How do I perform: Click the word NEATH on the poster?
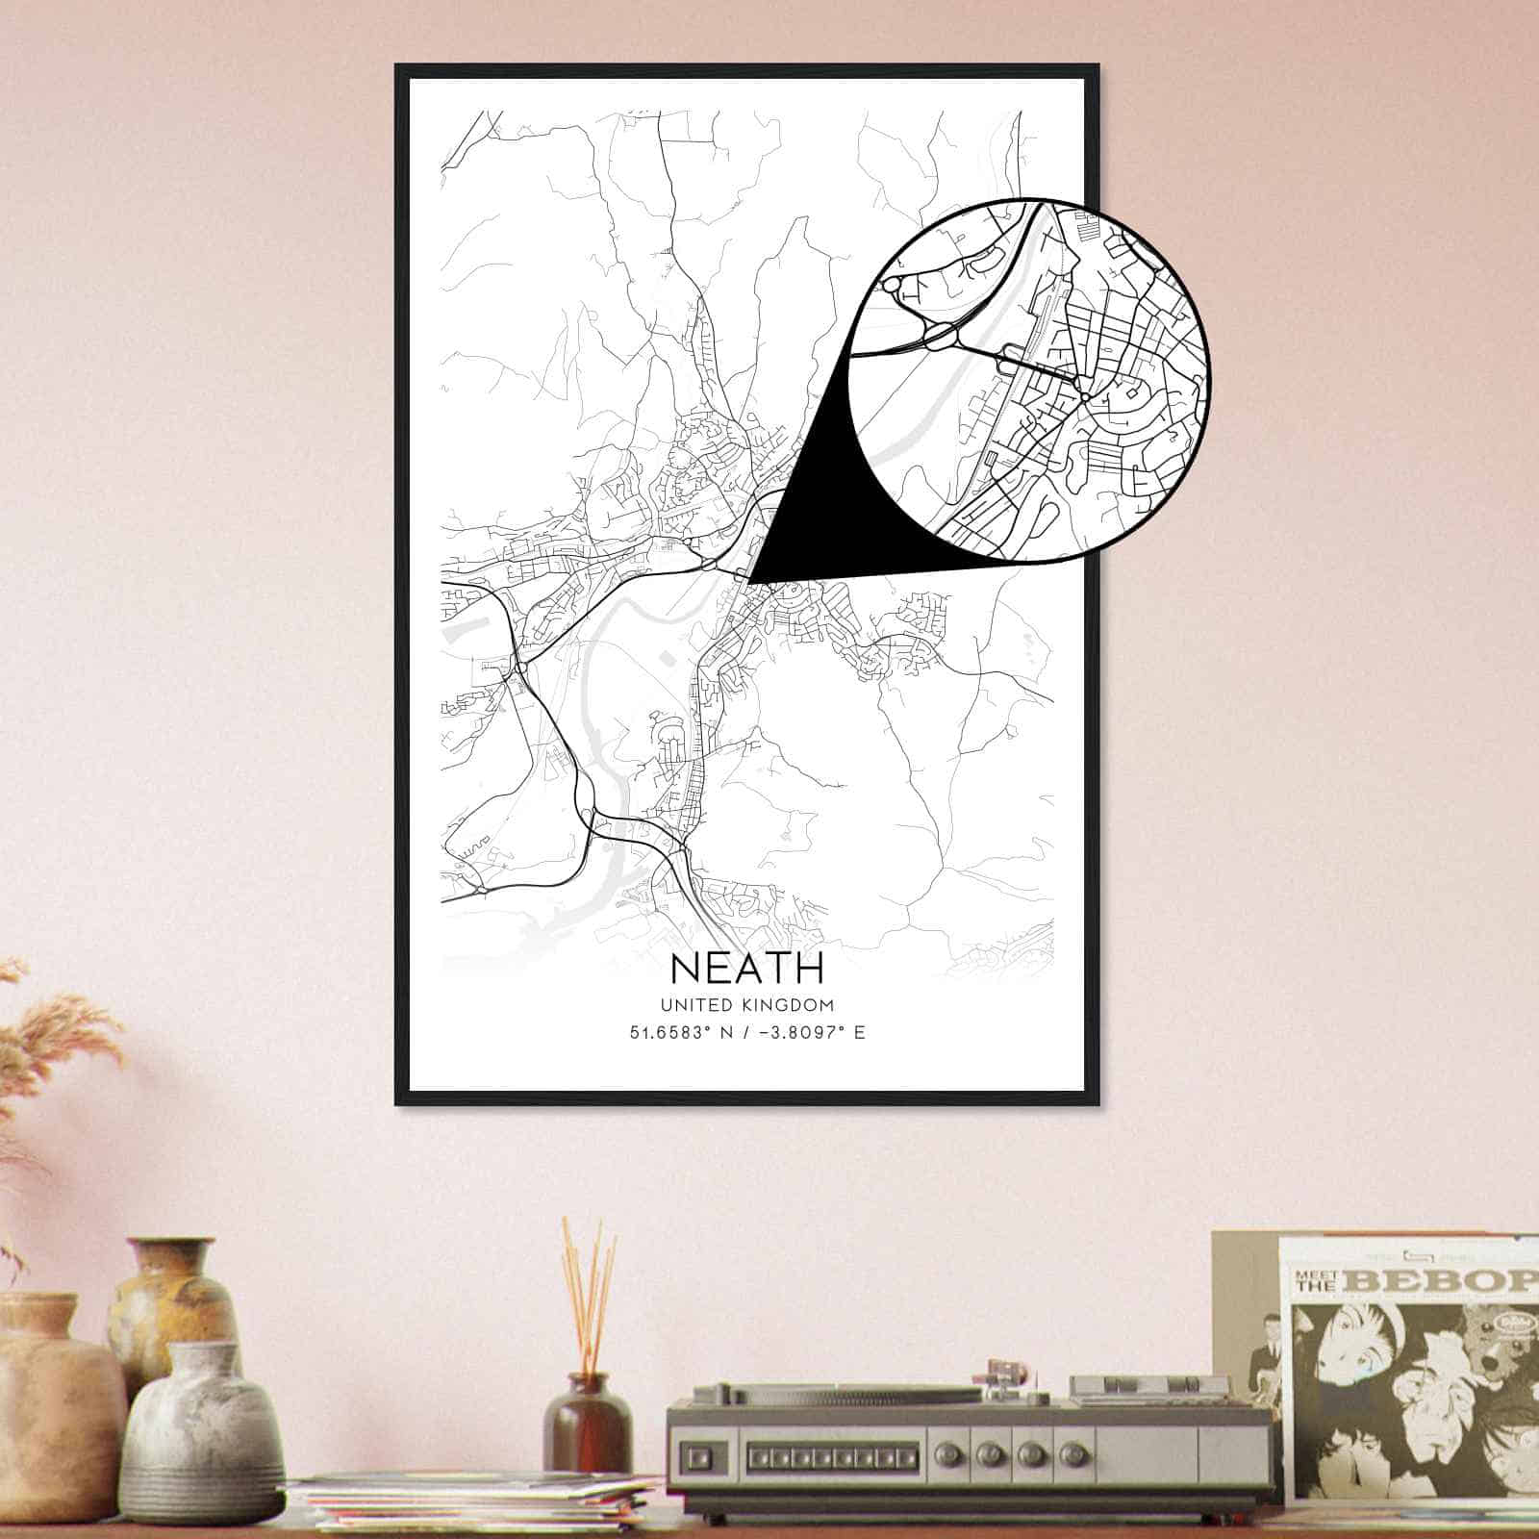(x=746, y=968)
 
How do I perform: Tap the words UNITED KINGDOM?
(x=746, y=1005)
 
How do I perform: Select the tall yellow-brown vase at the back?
(x=173, y=1299)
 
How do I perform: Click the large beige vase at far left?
(x=53, y=1385)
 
